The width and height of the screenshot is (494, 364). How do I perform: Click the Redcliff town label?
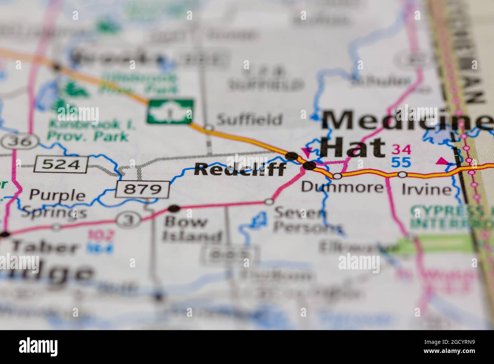click(240, 169)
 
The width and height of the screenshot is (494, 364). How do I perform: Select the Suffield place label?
click(249, 120)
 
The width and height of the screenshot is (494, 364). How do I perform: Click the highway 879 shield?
click(142, 189)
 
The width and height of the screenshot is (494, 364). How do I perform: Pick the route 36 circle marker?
click(19, 142)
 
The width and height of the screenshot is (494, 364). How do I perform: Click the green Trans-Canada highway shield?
click(170, 111)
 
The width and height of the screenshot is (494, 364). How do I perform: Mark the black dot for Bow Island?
click(174, 208)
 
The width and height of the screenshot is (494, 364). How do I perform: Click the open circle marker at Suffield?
click(209, 128)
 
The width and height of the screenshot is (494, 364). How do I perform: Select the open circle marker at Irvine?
click(402, 175)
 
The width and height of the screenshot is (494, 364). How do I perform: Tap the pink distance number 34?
click(401, 149)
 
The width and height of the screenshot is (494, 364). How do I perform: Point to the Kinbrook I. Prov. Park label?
click(92, 130)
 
